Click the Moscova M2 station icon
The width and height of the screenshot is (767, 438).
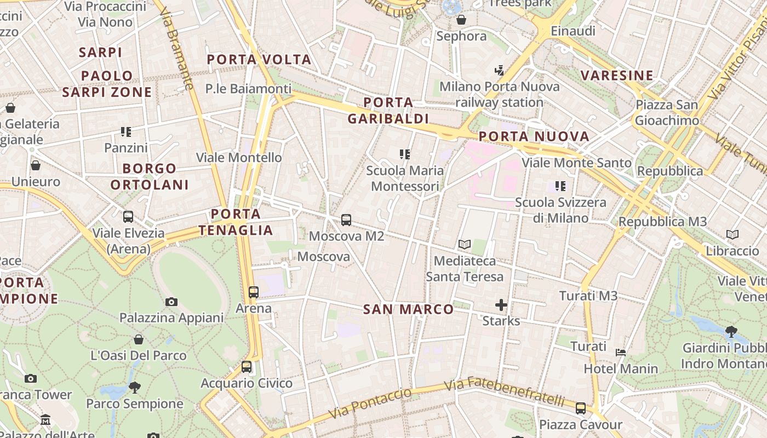346,220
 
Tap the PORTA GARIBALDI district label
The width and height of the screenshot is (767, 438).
388,111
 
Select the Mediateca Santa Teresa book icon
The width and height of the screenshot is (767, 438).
465,244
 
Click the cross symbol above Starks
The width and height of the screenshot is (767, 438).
501,305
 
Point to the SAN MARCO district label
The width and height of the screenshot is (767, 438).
409,309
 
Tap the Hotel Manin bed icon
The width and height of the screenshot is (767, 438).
620,352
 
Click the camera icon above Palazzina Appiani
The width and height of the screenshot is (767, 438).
171,302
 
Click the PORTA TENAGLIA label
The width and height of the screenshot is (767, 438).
236,222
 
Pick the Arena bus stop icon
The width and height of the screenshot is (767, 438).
253,292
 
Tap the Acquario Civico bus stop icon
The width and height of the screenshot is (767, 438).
247,367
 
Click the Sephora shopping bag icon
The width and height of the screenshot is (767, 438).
461,20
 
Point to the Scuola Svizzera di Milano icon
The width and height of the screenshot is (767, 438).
560,186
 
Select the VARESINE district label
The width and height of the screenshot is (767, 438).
617,76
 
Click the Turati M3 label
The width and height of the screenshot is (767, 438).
588,296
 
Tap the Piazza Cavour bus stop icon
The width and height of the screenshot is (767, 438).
581,408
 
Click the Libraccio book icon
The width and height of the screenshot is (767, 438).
732,235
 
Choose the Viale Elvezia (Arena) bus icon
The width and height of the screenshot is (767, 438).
128,216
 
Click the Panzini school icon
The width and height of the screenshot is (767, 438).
126,132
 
